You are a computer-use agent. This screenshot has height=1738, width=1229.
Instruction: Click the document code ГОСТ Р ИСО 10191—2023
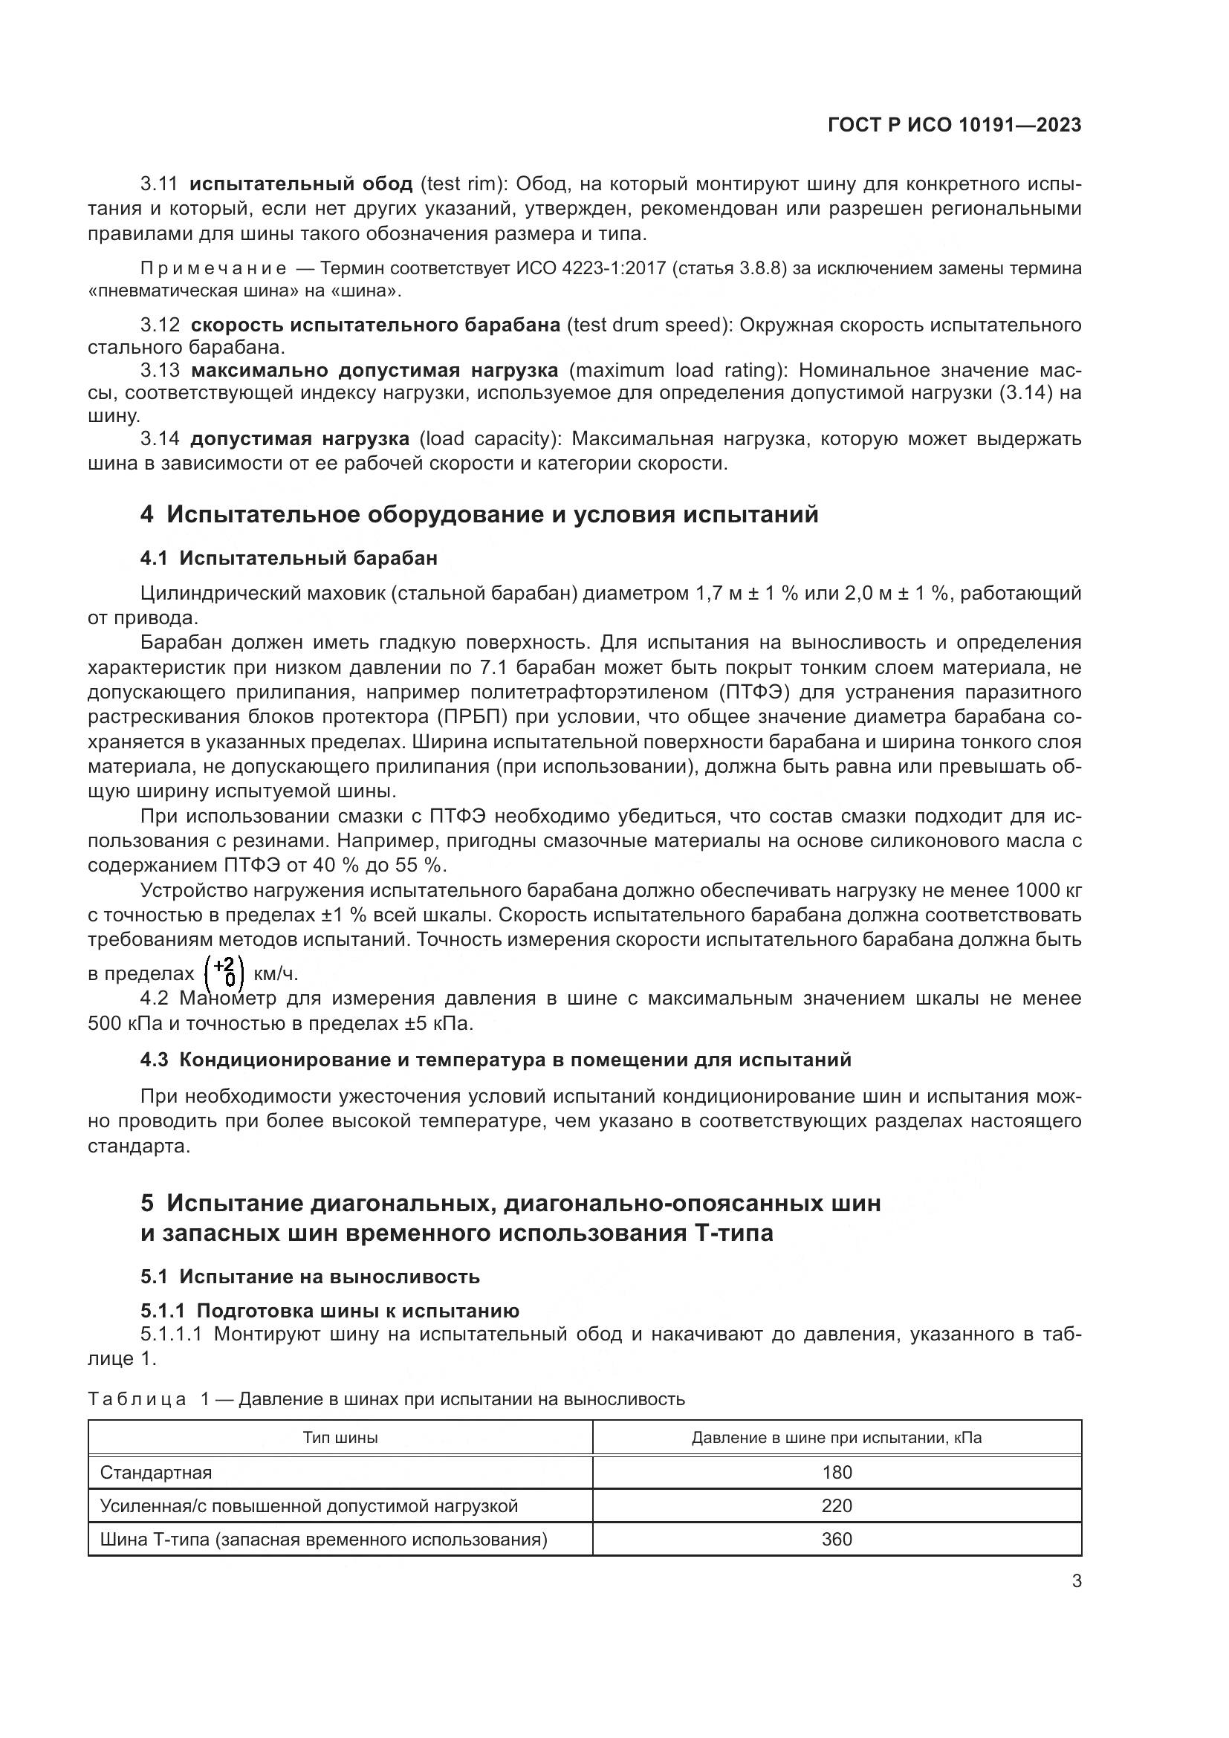(x=954, y=126)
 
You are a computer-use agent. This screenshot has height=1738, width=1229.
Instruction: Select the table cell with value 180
(x=836, y=1472)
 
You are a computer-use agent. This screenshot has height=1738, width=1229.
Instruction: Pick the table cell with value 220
(x=836, y=1505)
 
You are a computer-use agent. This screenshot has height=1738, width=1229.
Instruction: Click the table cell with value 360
(x=836, y=1539)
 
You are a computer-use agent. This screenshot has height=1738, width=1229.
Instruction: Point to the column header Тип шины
(x=340, y=1438)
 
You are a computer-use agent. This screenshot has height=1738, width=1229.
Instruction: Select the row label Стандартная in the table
(x=156, y=1472)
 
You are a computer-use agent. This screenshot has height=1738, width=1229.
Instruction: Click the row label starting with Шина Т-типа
(x=323, y=1539)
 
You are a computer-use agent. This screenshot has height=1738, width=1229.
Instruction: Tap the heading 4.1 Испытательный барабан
(x=288, y=559)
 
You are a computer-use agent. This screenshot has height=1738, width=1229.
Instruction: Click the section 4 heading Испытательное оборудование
(x=479, y=515)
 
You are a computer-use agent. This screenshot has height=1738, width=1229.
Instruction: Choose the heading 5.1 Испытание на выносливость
(x=310, y=1277)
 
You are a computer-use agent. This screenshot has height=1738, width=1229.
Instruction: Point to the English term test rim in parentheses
(x=461, y=184)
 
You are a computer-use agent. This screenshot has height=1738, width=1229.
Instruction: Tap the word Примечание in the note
(x=214, y=269)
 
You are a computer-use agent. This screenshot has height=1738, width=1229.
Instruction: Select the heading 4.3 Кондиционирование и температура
(x=495, y=1060)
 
